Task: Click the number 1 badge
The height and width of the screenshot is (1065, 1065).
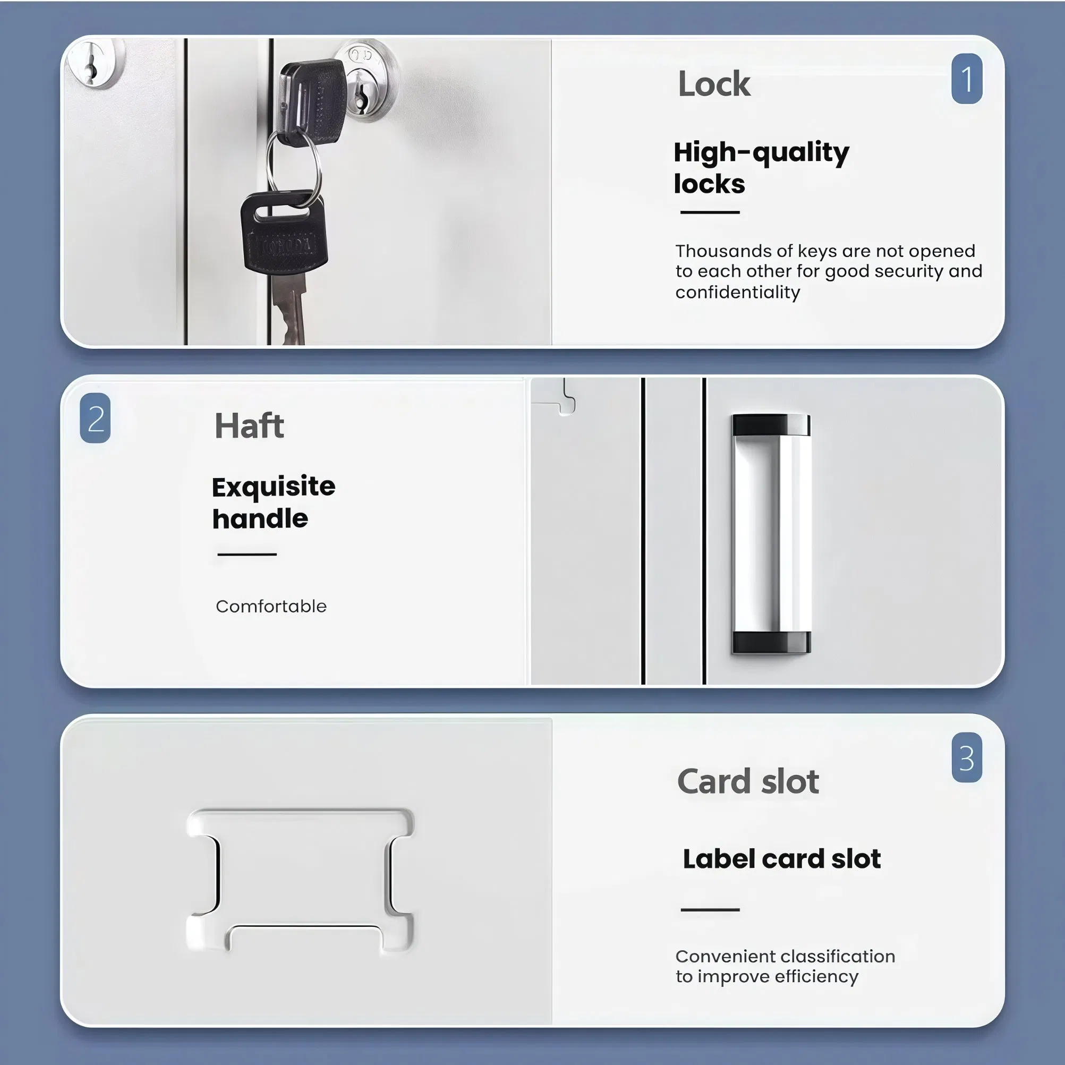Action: pos(966,79)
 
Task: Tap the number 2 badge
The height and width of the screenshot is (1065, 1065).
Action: pos(96,418)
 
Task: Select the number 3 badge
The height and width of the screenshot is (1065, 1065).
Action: pos(966,757)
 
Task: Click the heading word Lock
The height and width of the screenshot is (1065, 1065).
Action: pos(713,84)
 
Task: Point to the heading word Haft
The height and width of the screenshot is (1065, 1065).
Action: pos(249,426)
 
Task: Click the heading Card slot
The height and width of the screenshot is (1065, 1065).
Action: pos(747,782)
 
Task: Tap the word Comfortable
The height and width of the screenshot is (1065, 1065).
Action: pos(271,607)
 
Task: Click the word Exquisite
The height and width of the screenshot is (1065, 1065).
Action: pos(274,487)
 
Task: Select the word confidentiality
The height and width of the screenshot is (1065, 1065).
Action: pos(737,292)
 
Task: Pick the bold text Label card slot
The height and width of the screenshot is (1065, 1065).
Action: pos(781,859)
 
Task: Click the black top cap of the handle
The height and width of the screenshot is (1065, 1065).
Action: pos(771,425)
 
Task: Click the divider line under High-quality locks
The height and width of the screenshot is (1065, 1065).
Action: pos(710,212)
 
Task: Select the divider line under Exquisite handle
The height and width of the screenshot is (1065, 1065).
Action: pos(246,554)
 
